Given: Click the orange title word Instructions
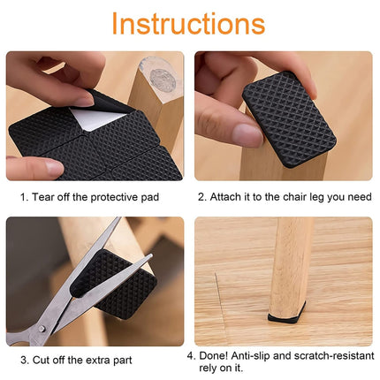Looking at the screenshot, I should [x=188, y=24].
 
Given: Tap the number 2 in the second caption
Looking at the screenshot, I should [x=201, y=197].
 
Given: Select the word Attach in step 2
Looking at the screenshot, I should [x=227, y=197].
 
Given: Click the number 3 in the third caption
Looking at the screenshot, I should [x=23, y=360].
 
